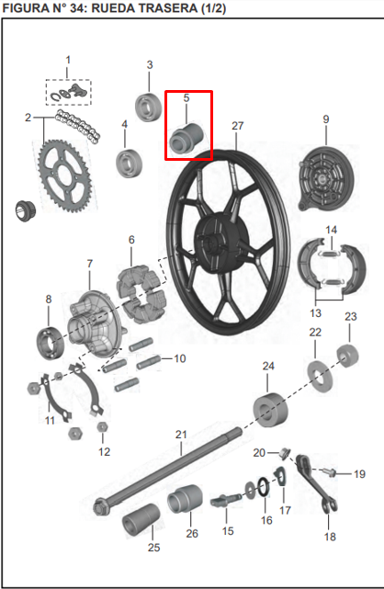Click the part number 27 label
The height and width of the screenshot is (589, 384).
238,125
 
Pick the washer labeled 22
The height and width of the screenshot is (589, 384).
318,373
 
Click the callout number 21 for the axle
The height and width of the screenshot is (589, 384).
181,434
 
